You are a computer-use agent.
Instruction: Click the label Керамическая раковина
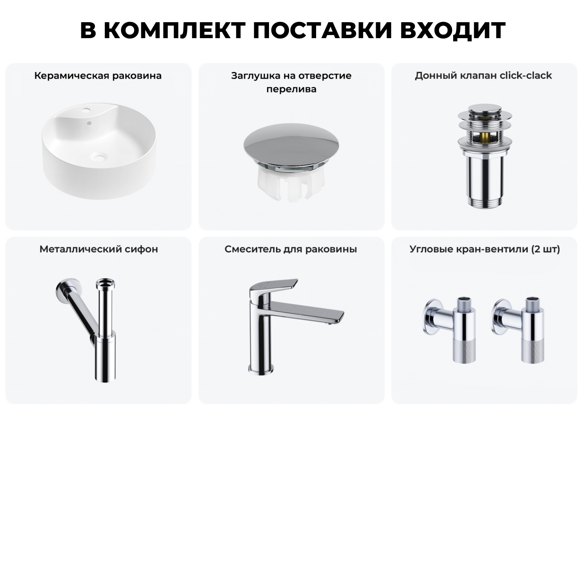pyautogui.click(x=98, y=76)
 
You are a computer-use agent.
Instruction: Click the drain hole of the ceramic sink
pyautogui.click(x=99, y=157)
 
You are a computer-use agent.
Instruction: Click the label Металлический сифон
pyautogui.click(x=99, y=249)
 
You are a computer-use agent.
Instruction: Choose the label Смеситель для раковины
pyautogui.click(x=290, y=249)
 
